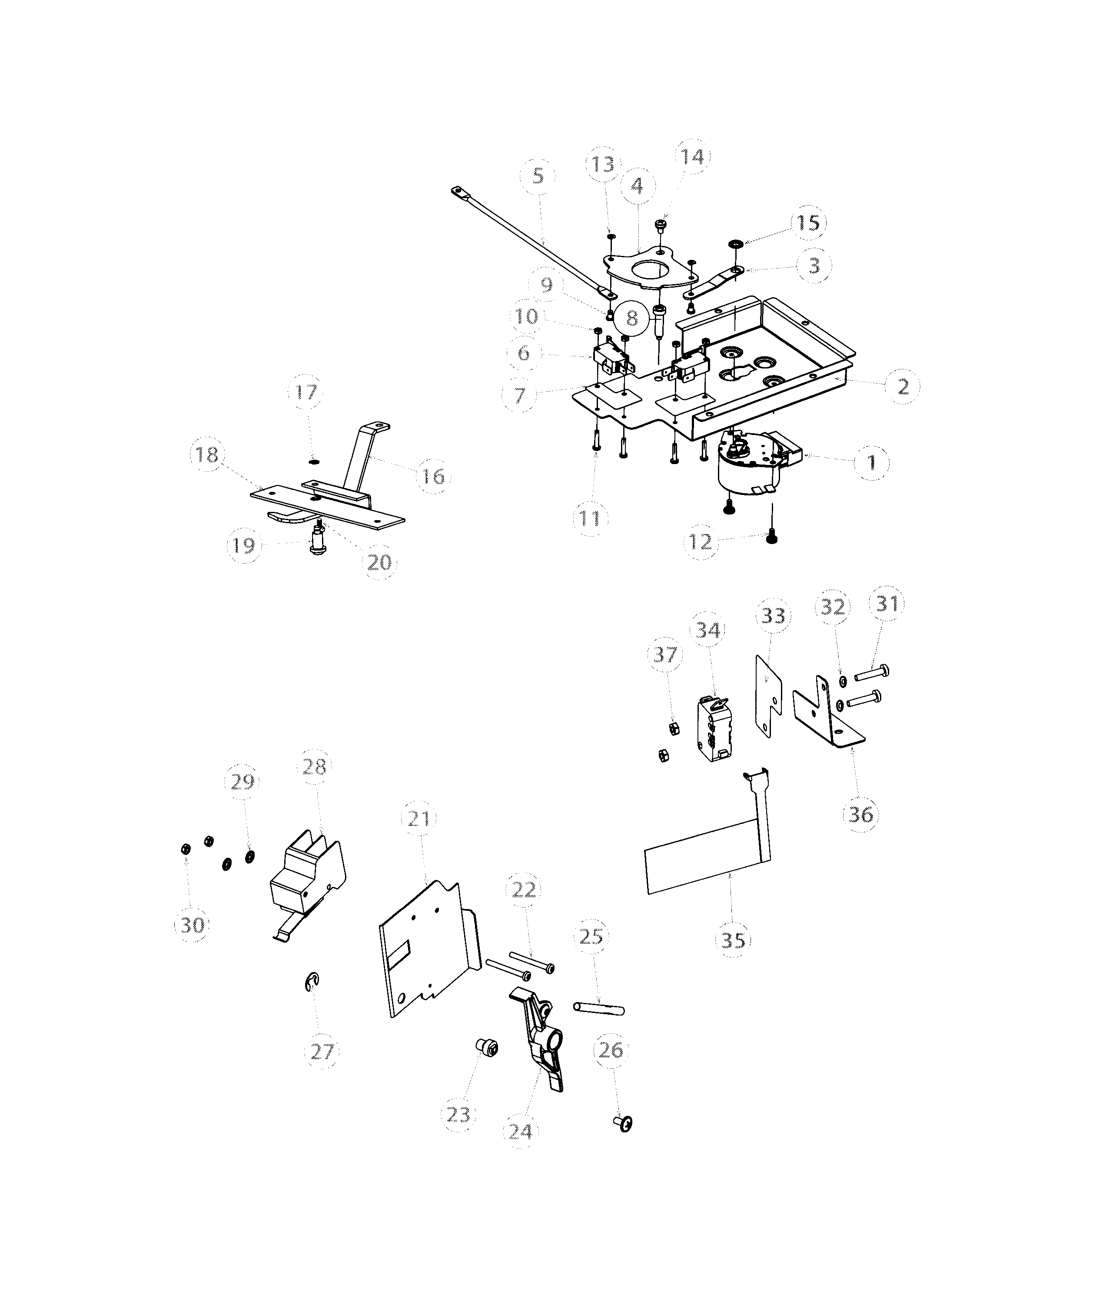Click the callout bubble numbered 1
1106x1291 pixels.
tap(872, 462)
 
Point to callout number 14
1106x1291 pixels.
tap(692, 157)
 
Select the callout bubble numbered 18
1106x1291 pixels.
tap(207, 455)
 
